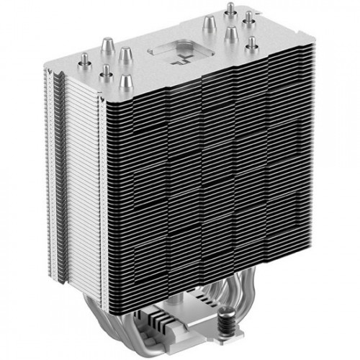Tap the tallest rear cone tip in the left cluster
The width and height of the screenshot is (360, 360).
point(123,53)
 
